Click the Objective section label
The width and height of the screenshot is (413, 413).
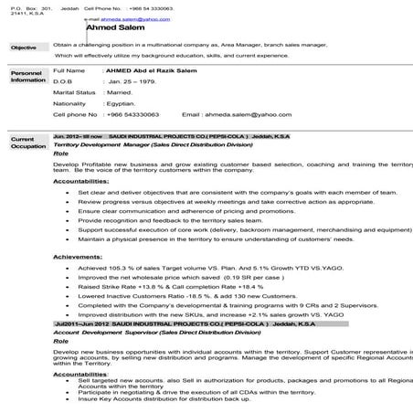click(x=24, y=48)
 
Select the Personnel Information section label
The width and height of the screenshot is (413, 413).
click(x=27, y=76)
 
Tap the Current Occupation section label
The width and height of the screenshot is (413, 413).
click(x=28, y=143)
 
